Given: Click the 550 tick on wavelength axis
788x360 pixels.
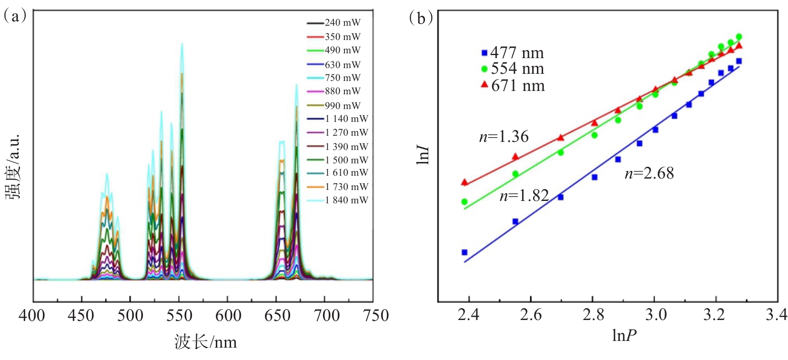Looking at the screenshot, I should (179, 315).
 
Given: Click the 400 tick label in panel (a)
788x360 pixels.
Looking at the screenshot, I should (32, 315).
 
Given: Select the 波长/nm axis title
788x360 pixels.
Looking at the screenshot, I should (205, 341).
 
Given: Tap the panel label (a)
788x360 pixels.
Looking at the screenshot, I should (14, 17).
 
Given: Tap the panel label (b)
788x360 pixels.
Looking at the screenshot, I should (421, 18).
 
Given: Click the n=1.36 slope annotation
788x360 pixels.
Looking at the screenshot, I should (504, 137).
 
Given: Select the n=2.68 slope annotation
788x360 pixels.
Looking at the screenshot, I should (649, 173).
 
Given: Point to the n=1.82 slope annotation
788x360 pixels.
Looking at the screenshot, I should (524, 196).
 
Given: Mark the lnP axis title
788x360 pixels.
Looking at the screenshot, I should (624, 336).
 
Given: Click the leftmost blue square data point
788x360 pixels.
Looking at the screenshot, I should (465, 252).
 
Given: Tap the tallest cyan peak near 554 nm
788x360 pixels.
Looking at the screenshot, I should (182, 44).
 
